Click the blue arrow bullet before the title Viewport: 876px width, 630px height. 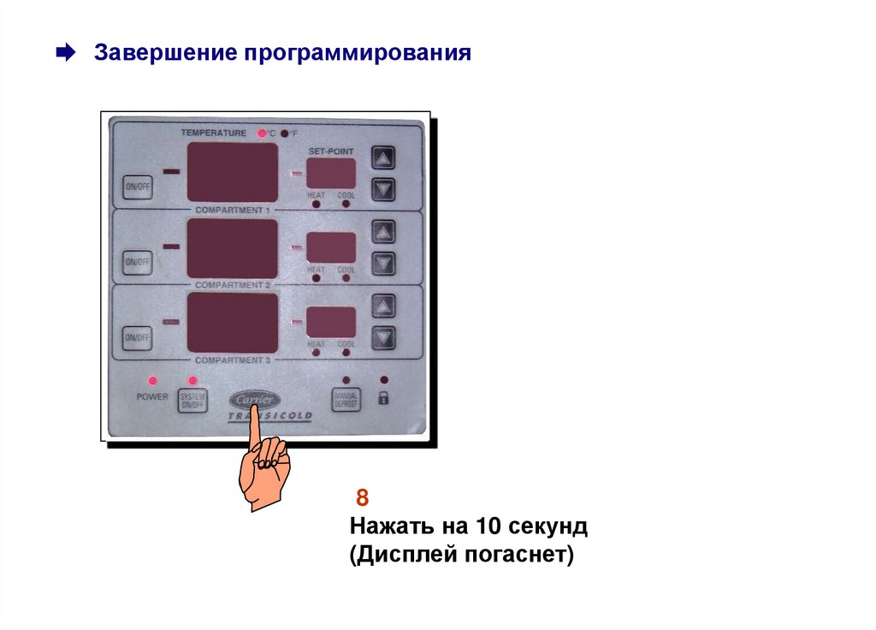pos(64,54)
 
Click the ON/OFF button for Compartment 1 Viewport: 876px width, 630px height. pos(137,187)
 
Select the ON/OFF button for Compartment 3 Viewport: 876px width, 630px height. pos(136,339)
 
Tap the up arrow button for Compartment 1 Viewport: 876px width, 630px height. pos(384,157)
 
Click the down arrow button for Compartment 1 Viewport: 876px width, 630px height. pos(384,188)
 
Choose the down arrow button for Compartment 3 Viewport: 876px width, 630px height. pos(384,338)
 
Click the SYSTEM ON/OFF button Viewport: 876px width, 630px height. pos(192,400)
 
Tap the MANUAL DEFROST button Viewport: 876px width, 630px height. pos(346,398)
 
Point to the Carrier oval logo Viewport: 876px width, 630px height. pos(254,401)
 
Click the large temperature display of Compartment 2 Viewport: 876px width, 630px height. pos(232,248)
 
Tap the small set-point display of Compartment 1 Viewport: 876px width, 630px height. pos(332,173)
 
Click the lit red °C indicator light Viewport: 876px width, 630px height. pos(262,134)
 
